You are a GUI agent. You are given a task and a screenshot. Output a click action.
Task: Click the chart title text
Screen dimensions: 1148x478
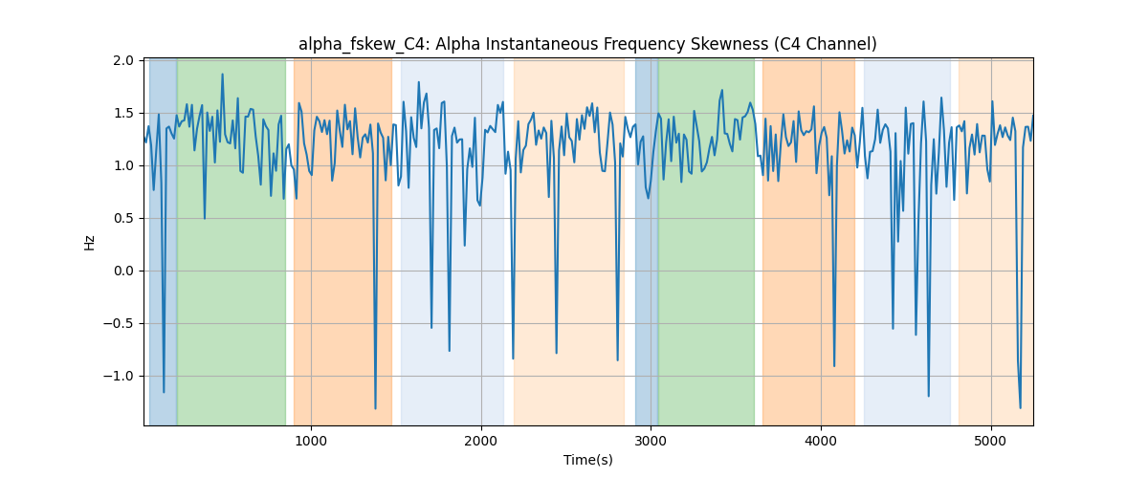point(587,44)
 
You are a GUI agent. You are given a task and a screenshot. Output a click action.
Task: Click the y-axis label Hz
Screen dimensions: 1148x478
point(89,243)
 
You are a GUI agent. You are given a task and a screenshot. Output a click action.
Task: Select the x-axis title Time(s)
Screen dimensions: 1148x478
point(587,460)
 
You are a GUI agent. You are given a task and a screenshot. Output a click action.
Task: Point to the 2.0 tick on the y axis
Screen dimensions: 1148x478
point(123,60)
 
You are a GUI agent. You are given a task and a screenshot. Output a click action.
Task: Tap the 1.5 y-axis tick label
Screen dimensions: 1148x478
point(123,113)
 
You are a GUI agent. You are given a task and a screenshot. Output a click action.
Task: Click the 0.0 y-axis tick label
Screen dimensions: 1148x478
point(123,271)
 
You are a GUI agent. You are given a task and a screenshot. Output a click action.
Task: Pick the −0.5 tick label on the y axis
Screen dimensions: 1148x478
point(119,324)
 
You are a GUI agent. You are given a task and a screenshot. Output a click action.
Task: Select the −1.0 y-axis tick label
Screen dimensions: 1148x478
point(119,376)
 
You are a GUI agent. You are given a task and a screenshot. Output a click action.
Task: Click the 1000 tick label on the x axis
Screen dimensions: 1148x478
point(311,441)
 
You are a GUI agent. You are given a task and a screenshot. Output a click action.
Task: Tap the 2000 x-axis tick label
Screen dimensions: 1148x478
point(481,441)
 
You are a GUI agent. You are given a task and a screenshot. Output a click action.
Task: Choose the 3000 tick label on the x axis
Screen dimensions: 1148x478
point(651,441)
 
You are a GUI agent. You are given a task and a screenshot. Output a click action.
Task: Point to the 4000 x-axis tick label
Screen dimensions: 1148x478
point(821,441)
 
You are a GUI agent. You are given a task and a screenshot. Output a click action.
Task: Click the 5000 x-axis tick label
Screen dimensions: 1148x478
point(991,441)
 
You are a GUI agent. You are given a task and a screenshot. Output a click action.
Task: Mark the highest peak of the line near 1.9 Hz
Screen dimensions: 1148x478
point(222,74)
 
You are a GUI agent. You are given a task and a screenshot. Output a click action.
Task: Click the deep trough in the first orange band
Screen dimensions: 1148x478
point(375,408)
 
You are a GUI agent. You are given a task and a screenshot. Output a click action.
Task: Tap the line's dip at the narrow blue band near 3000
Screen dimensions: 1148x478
point(649,198)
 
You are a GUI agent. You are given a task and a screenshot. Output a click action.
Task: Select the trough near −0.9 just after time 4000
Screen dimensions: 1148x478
point(834,366)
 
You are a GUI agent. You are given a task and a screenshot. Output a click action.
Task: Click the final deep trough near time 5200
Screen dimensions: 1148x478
point(1021,408)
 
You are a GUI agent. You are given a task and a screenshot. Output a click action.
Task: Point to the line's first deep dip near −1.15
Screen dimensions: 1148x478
point(164,393)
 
